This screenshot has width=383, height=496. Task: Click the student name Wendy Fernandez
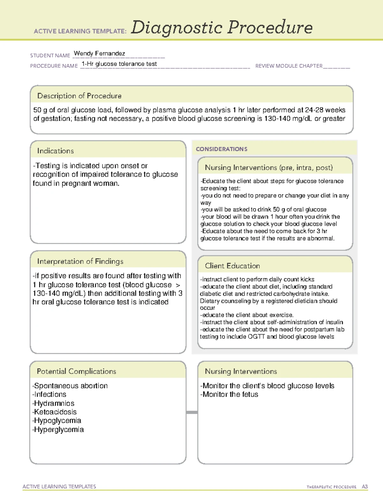(x=99, y=54)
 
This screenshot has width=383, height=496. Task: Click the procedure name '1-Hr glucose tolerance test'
(x=119, y=64)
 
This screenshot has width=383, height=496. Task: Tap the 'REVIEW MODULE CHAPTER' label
(x=289, y=66)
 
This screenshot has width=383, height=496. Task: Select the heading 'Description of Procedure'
(x=79, y=96)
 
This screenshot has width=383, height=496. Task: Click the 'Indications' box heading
(x=56, y=151)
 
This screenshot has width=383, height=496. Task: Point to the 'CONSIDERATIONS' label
(x=222, y=149)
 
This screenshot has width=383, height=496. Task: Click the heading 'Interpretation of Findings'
(x=80, y=261)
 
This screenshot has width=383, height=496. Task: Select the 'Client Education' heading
(x=232, y=266)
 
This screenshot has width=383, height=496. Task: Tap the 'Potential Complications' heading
(x=76, y=371)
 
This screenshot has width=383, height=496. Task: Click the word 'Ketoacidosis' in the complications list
(x=55, y=412)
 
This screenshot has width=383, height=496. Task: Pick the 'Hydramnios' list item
(x=54, y=403)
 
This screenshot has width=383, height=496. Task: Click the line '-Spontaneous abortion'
(x=70, y=386)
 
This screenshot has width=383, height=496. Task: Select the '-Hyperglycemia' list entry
(x=58, y=430)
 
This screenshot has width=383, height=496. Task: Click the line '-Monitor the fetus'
(x=229, y=394)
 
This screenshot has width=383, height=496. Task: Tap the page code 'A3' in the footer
(x=364, y=487)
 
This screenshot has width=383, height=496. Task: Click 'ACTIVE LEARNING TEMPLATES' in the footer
(x=59, y=486)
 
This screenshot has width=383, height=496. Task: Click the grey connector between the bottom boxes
(x=192, y=412)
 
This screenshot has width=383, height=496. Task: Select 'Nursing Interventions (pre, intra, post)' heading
(x=269, y=168)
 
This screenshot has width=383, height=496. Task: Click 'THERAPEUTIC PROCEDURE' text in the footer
(x=331, y=487)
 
